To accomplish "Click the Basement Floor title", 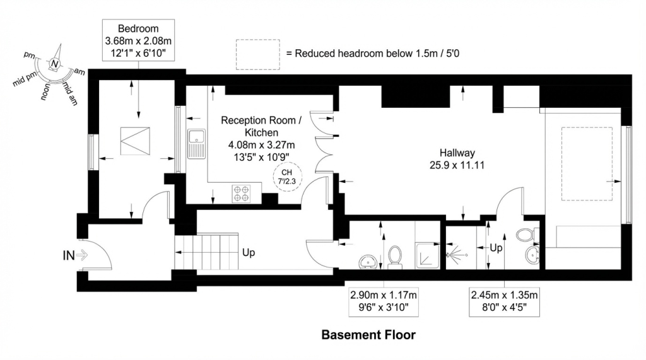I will point(368,334).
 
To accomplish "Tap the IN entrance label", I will point(69,255).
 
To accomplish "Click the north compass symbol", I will point(56,64).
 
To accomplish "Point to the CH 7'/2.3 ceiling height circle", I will point(286,176).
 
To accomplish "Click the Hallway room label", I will point(457,158).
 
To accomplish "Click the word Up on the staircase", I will point(249,252).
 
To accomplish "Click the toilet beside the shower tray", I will point(396,257).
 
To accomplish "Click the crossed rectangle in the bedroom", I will point(136,141).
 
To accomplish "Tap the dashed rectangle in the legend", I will point(257,54).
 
